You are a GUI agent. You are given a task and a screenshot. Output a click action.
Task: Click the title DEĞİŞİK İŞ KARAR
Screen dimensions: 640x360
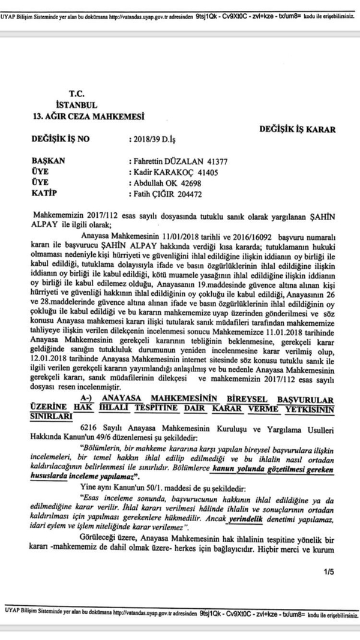coord(298,128)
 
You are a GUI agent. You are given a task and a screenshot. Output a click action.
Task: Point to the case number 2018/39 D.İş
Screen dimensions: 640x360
coord(152,139)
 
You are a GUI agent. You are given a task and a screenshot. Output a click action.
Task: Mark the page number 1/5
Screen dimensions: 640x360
coord(328,572)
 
